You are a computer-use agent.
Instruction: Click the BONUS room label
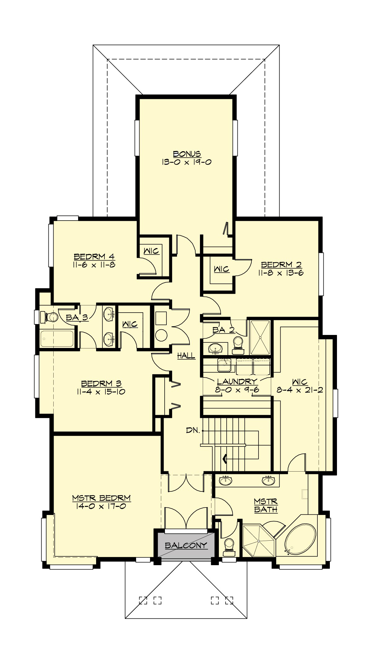coord(187,154)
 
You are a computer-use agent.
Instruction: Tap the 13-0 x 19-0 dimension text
coord(187,162)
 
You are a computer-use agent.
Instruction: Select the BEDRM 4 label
coord(95,257)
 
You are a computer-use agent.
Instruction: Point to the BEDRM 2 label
coord(281,265)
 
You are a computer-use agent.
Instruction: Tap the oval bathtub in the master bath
coord(300,539)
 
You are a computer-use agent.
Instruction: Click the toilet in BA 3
coord(51,317)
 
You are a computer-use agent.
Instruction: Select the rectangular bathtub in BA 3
coord(57,338)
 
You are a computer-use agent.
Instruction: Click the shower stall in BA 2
coord(260,337)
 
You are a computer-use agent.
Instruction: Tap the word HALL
coord(186,356)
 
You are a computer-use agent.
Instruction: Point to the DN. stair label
coord(193,430)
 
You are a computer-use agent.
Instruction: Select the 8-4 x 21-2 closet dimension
coord(300,390)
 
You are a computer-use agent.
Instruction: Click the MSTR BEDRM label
coord(101,498)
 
